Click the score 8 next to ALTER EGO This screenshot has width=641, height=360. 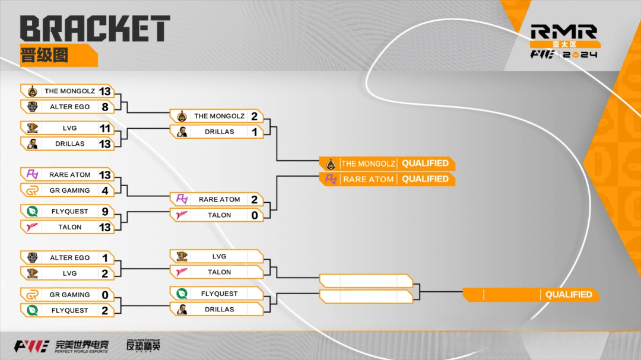pos(105,107)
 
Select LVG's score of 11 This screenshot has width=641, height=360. pos(105,128)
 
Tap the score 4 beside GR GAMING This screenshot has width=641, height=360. pos(105,190)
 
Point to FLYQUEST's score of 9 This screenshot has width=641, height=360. pos(105,212)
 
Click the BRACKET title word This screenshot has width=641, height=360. pos(95,28)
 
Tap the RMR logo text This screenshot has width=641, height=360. pos(564,32)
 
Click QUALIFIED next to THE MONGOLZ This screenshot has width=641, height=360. pos(425,164)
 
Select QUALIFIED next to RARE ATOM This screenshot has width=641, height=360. pos(425,179)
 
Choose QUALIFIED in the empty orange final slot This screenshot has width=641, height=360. pos(569,295)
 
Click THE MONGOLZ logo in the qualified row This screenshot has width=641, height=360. pos(331,164)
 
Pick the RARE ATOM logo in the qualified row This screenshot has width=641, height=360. pos(331,179)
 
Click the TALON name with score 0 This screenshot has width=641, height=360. pos(219,215)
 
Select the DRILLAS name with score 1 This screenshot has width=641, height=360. pos(219,132)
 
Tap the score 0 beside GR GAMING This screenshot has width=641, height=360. pos(105,295)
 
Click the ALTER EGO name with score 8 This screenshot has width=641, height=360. pos(70,107)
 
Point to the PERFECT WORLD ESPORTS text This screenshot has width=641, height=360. pos(81,352)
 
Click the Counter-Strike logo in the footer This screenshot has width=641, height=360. pos(143,345)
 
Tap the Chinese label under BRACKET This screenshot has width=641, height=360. pos(44,55)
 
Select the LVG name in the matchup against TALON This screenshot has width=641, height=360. pos(219,257)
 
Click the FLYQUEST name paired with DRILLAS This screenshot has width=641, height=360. pos(219,294)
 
